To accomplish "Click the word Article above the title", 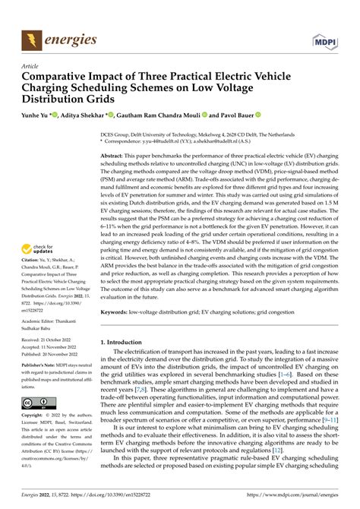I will coord(31,66).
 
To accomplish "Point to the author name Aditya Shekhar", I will coord(88,115).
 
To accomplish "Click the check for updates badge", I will coord(39,248).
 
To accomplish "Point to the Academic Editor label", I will coord(44,321).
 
